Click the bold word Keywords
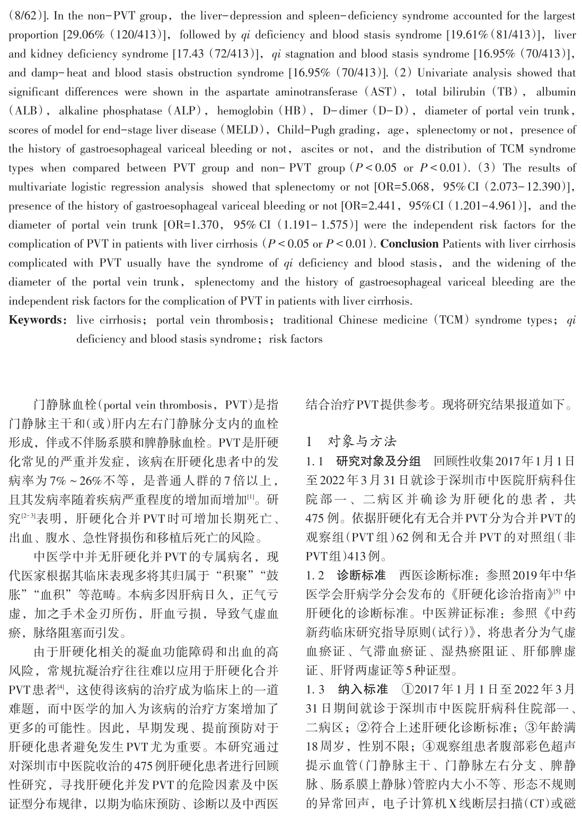34,320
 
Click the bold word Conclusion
409,244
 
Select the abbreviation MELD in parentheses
243,130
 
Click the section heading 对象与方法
362,441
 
